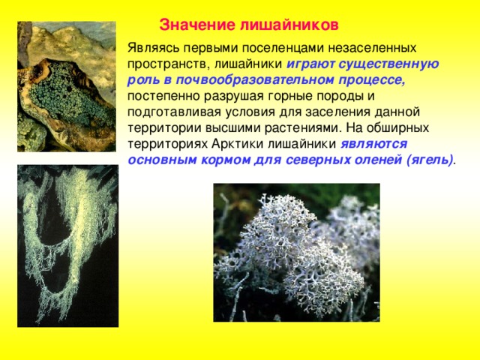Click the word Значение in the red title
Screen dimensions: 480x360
[x=197, y=25]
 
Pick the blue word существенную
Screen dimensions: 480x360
[x=388, y=64]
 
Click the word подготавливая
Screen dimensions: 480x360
[x=174, y=112]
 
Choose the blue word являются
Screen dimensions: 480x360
[x=374, y=144]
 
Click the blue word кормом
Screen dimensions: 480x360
[x=226, y=160]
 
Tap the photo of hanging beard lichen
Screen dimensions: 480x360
[x=67, y=246]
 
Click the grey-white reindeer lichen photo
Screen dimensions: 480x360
[x=297, y=253]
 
